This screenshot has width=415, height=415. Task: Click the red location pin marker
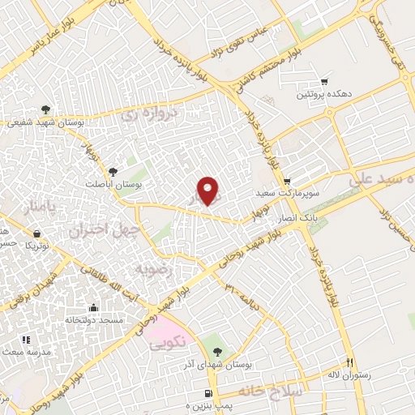(208, 191)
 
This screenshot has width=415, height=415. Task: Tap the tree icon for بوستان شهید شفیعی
(49, 109)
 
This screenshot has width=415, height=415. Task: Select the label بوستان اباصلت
(115, 184)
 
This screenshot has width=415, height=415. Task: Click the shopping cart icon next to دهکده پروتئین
(325, 82)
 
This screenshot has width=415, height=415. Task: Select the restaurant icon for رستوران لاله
(350, 363)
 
